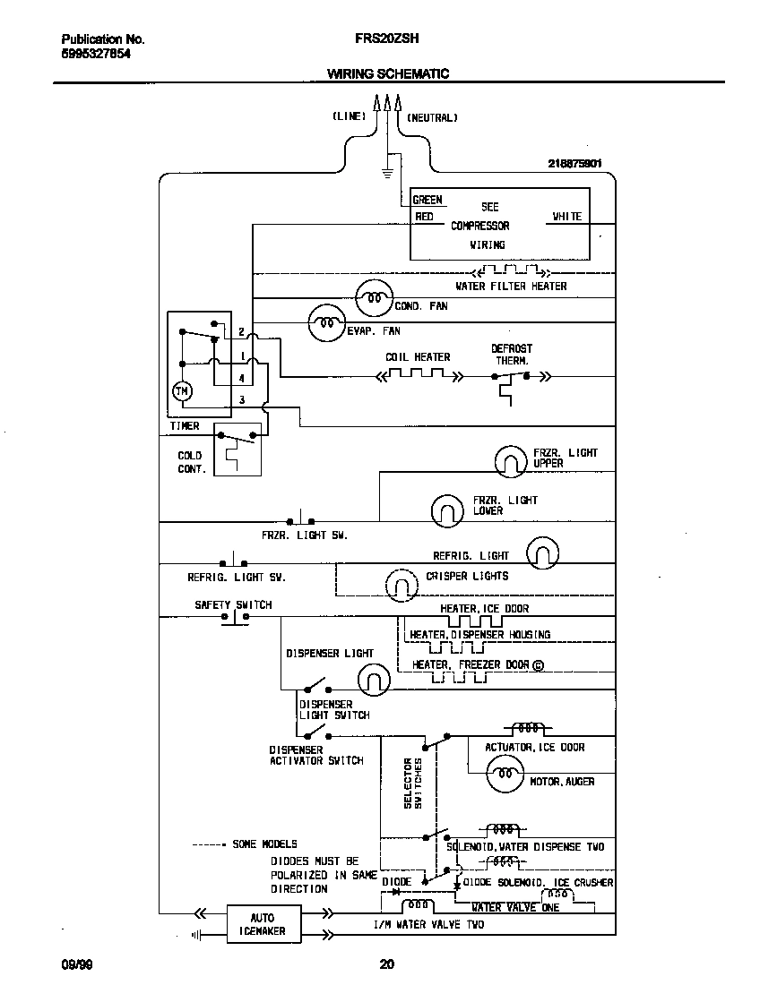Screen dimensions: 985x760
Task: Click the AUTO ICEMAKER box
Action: [x=262, y=924]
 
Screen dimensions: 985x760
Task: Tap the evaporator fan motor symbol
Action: [x=326, y=323]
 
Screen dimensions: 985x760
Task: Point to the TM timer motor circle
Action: [x=182, y=391]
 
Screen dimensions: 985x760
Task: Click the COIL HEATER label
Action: [x=418, y=357]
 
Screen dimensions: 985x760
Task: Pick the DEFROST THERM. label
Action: [x=511, y=354]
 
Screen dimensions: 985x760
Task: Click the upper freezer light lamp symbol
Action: [x=512, y=460]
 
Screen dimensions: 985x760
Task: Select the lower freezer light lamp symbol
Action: [x=446, y=510]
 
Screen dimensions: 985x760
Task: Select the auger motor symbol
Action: [x=504, y=774]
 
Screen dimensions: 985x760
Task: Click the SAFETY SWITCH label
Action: [x=233, y=605]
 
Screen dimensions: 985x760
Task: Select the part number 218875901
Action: [x=574, y=164]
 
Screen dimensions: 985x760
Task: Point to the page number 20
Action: [x=386, y=964]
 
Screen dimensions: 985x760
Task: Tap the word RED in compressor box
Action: [x=424, y=217]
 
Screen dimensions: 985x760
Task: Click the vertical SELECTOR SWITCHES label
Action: [x=411, y=783]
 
